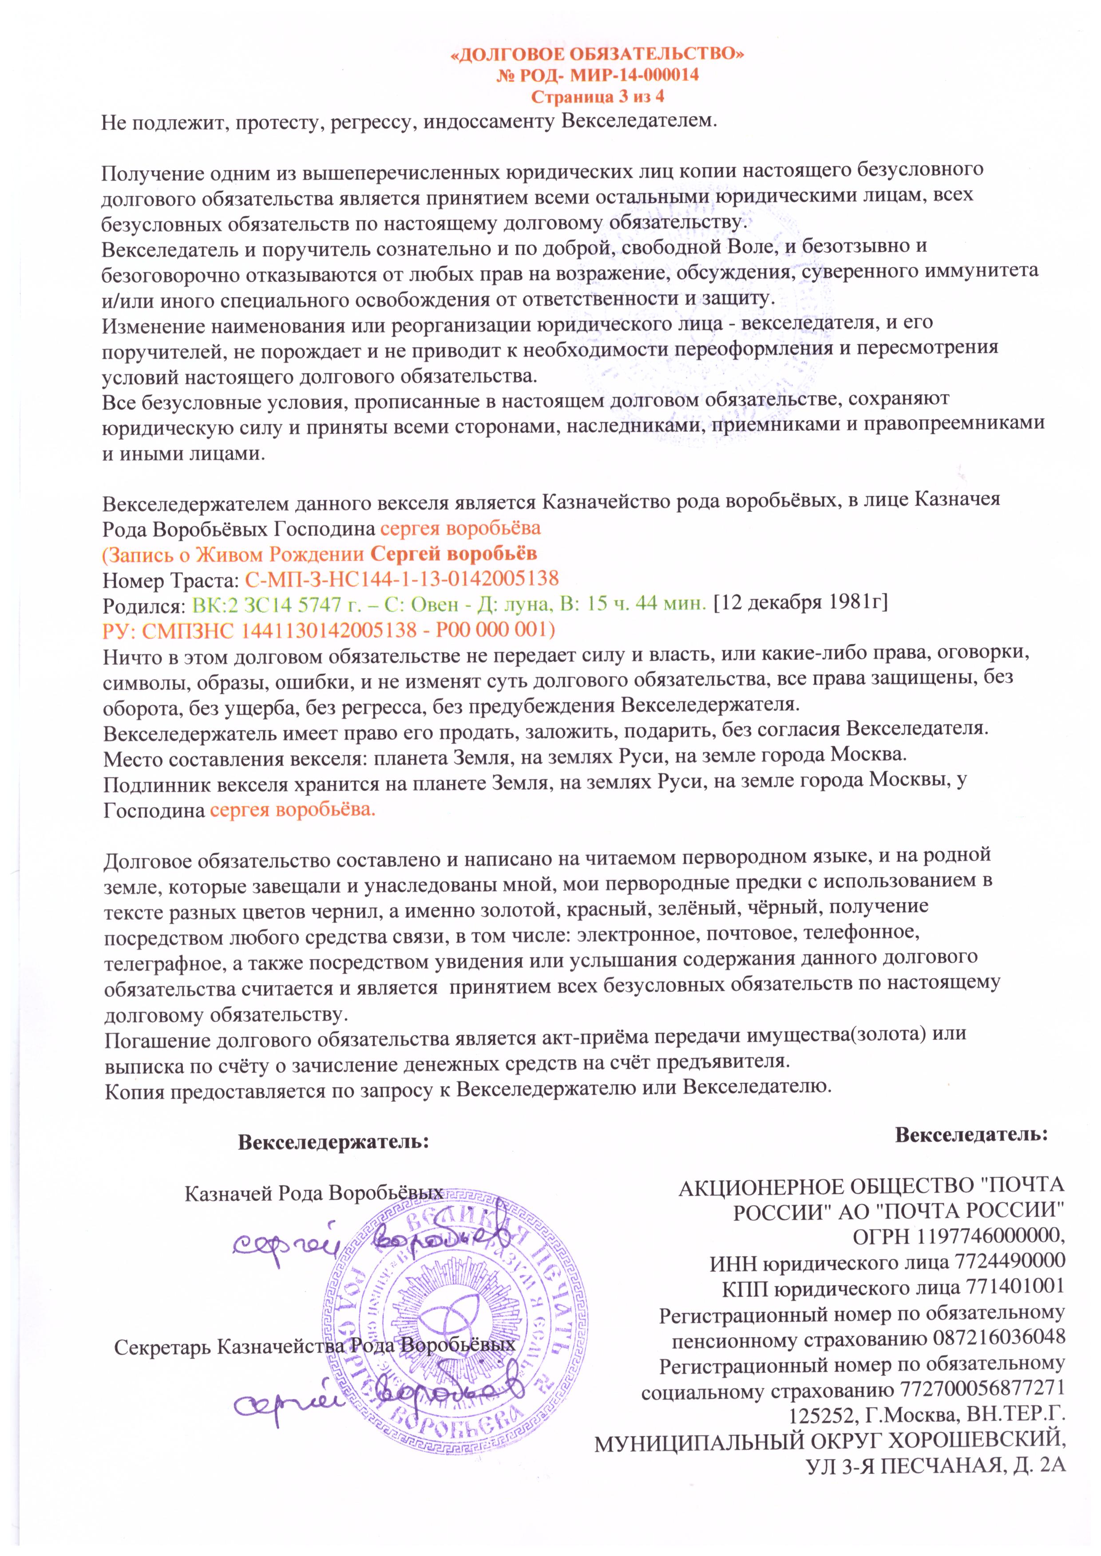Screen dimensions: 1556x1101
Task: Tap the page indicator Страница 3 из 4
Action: click(x=597, y=96)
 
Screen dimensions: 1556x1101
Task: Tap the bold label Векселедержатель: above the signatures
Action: click(x=333, y=1141)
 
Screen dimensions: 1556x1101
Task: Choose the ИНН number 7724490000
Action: click(x=1008, y=1262)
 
